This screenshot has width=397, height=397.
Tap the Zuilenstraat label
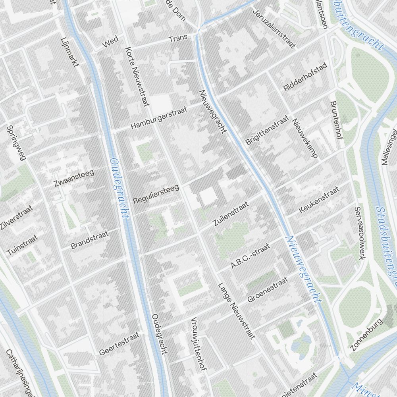231,214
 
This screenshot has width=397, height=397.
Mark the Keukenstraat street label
320,200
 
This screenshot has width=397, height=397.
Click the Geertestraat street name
119,344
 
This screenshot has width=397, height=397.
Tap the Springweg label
16,143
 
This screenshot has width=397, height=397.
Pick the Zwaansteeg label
74,178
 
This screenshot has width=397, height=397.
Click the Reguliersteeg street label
156,195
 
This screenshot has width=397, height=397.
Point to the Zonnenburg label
366,334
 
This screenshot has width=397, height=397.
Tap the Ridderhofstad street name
305,77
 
